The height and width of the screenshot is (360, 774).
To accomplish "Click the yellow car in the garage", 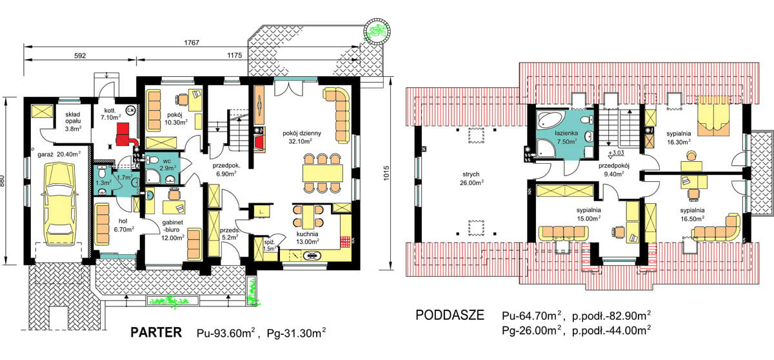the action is tap(59, 201).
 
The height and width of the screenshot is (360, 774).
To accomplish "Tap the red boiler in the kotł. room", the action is tap(126, 135).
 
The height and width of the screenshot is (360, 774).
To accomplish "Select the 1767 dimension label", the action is tap(192, 43).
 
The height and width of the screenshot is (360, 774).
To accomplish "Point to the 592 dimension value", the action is tap(80, 55).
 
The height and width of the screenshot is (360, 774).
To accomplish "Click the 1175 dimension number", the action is tap(235, 55).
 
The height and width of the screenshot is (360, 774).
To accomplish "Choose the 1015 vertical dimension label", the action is tap(386, 173).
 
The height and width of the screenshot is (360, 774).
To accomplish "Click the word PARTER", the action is tap(156, 332).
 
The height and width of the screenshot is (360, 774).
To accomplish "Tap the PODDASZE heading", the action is tap(450, 315).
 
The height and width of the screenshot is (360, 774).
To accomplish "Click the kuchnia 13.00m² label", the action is tap(307, 238).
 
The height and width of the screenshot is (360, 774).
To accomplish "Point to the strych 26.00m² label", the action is tap(471, 179).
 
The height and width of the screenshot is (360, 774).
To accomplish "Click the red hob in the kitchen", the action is tap(346, 242).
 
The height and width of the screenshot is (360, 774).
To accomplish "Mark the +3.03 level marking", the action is tap(616, 152).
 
